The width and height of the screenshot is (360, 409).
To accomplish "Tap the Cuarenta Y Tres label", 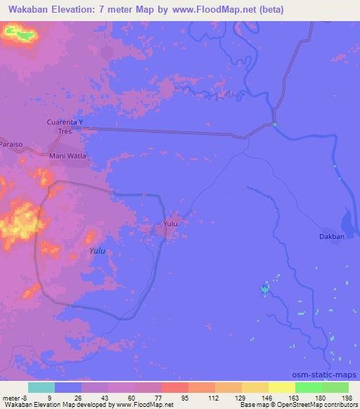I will click(x=65, y=126).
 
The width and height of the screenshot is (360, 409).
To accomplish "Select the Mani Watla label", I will click(x=67, y=156).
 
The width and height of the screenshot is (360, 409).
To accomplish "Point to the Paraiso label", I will click(x=12, y=144).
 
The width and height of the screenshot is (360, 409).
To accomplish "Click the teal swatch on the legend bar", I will click(x=41, y=387).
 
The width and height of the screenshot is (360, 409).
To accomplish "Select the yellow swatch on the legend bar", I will click(x=282, y=387).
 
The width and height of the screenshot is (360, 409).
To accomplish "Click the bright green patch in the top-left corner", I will click(x=20, y=32).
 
